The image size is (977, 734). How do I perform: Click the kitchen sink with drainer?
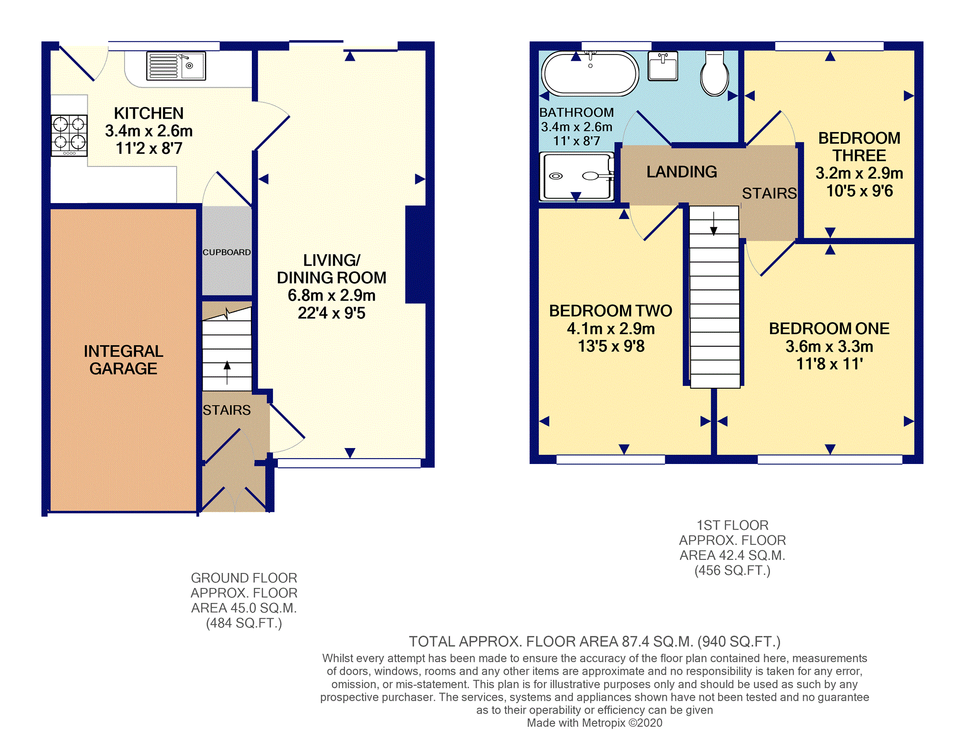tap(176, 66)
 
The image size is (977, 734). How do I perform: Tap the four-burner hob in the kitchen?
tap(69, 136)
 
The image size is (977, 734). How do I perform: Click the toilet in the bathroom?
tap(714, 74)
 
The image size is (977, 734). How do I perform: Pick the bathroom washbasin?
tap(663, 66)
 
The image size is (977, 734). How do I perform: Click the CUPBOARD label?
tap(227, 252)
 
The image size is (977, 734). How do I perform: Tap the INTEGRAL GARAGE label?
tap(124, 360)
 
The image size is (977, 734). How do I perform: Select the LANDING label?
tap(682, 172)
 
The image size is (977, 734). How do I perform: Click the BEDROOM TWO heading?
tap(610, 311)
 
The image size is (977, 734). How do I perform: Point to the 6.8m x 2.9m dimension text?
tap(331, 295)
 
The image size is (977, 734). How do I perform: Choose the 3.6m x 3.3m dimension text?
tap(829, 346)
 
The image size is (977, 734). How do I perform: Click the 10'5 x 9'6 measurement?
tap(860, 191)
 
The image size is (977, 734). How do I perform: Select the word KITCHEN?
tap(149, 113)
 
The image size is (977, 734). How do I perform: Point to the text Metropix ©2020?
tap(622, 723)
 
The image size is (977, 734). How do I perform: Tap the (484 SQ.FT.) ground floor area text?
tap(244, 623)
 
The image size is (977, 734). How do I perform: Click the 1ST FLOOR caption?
tap(732, 525)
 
